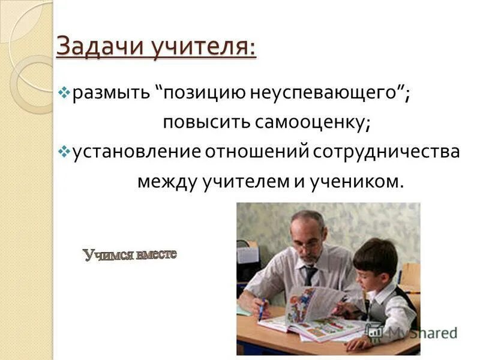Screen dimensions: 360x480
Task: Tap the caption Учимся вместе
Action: coord(130,255)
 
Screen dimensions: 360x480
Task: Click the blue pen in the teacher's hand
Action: coord(261,309)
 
